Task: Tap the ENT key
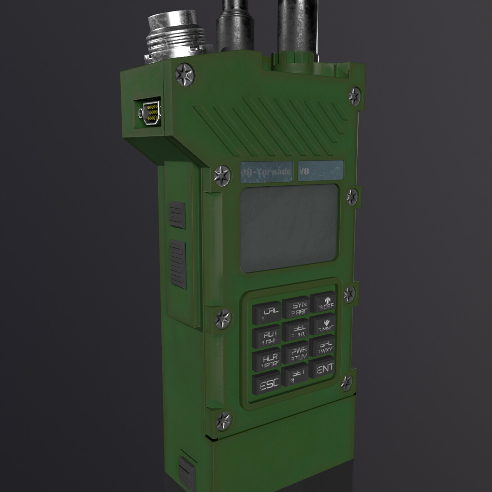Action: click(x=323, y=368)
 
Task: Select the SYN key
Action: click(x=296, y=307)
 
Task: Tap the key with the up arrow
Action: click(x=324, y=302)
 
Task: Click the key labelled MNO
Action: click(x=324, y=325)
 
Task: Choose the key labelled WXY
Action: click(x=323, y=347)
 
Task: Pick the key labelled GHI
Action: click(x=266, y=338)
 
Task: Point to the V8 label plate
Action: click(x=321, y=171)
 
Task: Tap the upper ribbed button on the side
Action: click(x=177, y=215)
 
